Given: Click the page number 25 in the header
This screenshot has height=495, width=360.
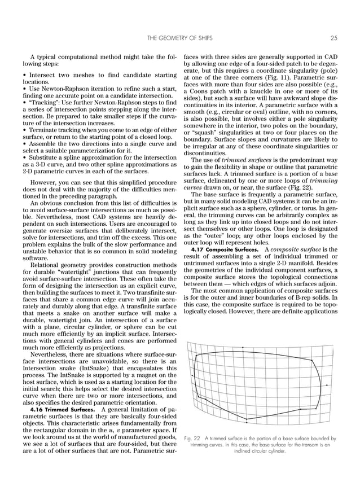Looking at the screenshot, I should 333,38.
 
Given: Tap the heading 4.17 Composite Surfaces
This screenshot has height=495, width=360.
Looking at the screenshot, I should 225,249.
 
